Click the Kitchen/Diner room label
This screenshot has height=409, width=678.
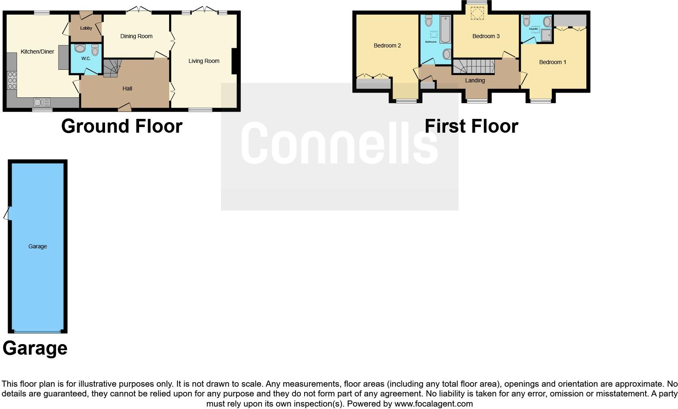coord(37,52)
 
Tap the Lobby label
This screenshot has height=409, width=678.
coord(86,28)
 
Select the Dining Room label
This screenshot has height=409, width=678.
coord(136,36)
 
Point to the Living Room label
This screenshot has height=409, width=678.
coord(204,61)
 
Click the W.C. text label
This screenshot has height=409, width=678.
coord(86,58)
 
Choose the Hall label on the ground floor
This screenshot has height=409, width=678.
coord(127,88)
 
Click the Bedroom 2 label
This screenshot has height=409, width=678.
coord(387,45)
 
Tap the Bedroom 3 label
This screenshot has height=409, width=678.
coord(486,36)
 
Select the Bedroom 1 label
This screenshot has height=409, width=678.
coord(552,62)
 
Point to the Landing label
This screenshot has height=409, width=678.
coord(475,80)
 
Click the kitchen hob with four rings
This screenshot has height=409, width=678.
coord(12,80)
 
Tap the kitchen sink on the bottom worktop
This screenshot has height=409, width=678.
coord(41,102)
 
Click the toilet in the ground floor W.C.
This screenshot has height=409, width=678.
coord(95,50)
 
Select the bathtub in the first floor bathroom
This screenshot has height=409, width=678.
coord(445,29)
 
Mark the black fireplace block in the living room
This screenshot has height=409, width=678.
coord(234,61)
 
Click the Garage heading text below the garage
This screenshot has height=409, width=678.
coord(35,348)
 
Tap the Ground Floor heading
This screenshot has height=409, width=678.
coord(122,126)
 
